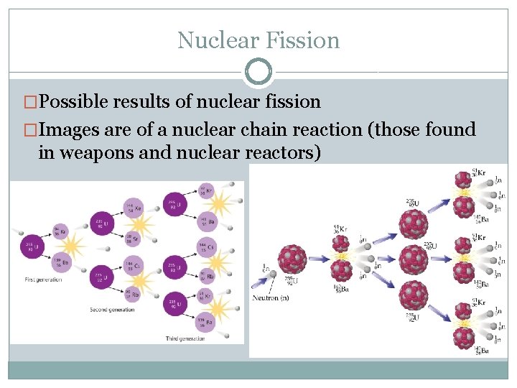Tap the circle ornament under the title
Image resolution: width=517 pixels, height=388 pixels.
(x=258, y=72)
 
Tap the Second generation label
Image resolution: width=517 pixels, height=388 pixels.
(x=112, y=309)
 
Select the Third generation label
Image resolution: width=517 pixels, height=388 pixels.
(x=184, y=338)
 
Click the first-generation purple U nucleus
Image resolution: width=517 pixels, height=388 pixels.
(x=32, y=246)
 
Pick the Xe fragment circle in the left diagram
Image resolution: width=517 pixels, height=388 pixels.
(x=131, y=208)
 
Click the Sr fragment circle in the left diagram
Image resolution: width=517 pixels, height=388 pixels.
(x=132, y=238)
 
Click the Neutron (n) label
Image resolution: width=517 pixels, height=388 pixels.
(x=272, y=297)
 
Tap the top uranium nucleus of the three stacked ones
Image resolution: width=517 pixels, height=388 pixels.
(x=413, y=216)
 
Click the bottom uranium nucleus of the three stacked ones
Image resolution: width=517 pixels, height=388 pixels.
(x=413, y=297)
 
